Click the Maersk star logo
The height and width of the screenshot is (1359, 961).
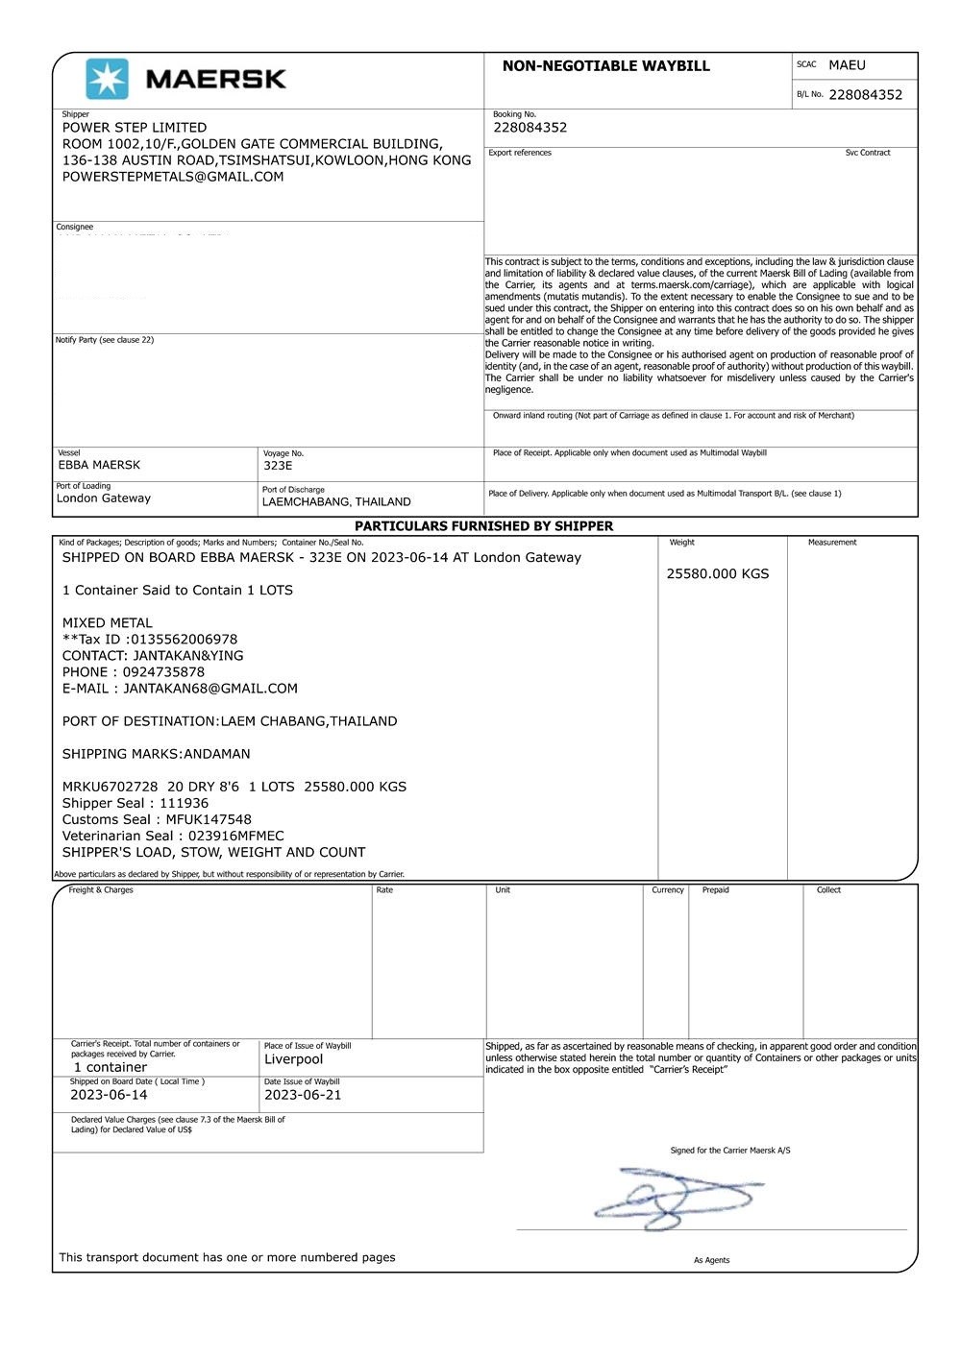tap(107, 79)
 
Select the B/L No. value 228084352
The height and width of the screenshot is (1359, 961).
tap(865, 95)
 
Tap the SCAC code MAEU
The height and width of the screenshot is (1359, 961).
tap(847, 65)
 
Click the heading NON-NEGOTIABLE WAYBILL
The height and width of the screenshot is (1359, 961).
tap(605, 66)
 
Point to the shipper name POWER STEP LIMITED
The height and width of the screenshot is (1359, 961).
tap(135, 128)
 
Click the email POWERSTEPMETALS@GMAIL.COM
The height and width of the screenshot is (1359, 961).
tap(173, 177)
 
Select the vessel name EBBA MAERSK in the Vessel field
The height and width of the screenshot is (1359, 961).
tap(99, 465)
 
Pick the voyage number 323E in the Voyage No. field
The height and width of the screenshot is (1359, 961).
tap(278, 466)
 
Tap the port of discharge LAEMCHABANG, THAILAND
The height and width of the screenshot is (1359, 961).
tap(336, 501)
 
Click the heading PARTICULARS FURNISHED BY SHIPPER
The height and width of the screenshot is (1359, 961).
tap(483, 526)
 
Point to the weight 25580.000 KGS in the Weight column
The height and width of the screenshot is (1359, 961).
tap(718, 574)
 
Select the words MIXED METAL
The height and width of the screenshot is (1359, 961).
tap(108, 623)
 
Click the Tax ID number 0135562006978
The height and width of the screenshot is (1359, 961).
tap(184, 640)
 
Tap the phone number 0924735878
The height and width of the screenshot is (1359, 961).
tap(163, 672)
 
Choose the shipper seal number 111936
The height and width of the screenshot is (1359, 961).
tap(184, 803)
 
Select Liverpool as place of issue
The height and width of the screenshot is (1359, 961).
tap(294, 1059)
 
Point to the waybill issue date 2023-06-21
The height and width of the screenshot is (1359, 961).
tap(303, 1095)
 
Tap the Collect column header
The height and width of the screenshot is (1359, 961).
tap(828, 890)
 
